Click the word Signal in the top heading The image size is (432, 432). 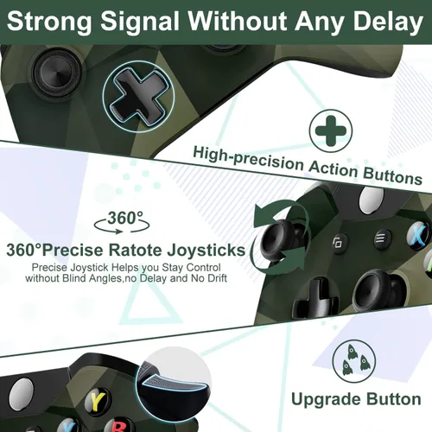140,22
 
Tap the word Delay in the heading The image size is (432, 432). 388,22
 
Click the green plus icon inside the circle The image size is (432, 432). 331,130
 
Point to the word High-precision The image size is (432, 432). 248,159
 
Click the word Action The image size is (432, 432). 334,168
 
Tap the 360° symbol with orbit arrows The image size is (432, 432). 122,222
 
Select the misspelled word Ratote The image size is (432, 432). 135,250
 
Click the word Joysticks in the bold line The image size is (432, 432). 206,251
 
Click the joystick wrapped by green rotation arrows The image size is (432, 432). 278,238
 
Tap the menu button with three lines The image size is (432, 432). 381,238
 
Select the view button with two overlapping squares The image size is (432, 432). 338,244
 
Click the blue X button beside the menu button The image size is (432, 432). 417,235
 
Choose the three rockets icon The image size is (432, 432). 354,361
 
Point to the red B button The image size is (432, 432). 118,427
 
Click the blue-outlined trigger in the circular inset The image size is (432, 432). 172,386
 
